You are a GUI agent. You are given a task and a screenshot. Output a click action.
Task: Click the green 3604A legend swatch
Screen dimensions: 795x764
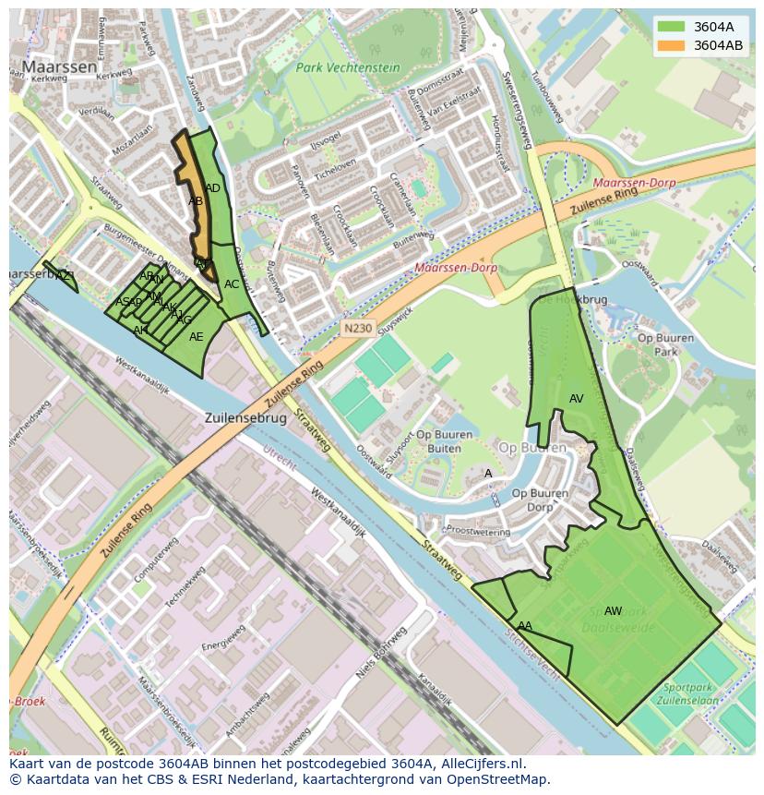671,27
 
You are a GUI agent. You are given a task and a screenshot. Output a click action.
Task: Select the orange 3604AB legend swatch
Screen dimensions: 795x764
671,44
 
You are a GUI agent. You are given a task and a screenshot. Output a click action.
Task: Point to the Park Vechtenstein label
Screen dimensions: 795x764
348,67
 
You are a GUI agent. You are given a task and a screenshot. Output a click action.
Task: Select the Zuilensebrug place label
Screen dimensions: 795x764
245,418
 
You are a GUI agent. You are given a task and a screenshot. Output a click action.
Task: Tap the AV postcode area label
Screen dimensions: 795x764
577,399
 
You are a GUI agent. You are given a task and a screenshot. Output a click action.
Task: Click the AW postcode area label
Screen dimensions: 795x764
613,610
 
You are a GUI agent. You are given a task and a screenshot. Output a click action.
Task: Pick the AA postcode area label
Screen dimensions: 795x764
525,626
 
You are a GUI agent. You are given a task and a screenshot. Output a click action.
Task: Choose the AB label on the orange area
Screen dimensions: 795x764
196,201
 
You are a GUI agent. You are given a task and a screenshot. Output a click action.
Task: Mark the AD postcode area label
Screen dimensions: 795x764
213,188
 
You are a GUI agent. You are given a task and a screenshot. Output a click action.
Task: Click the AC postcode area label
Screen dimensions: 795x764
232,284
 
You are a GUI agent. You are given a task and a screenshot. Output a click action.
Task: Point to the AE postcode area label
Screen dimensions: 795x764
196,337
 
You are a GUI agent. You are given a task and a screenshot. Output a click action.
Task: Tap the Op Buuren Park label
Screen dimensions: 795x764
664,344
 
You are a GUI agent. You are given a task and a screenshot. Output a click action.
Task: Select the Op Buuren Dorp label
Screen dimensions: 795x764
540,500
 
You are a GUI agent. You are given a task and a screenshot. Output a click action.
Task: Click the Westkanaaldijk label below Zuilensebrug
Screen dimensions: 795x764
339,513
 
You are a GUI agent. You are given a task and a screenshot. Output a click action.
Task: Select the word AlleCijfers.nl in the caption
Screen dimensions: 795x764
479,764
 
